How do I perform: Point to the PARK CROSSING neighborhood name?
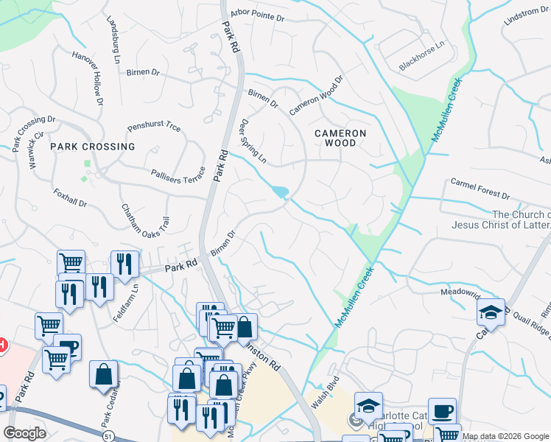point(93,147)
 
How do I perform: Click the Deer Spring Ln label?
point(252,141)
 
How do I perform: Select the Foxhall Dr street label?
point(71,197)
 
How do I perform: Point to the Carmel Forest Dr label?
point(480,189)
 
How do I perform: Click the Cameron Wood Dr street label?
point(316,95)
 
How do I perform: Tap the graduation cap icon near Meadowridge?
point(491,312)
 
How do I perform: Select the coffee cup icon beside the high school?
point(442,411)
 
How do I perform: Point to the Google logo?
point(25,433)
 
